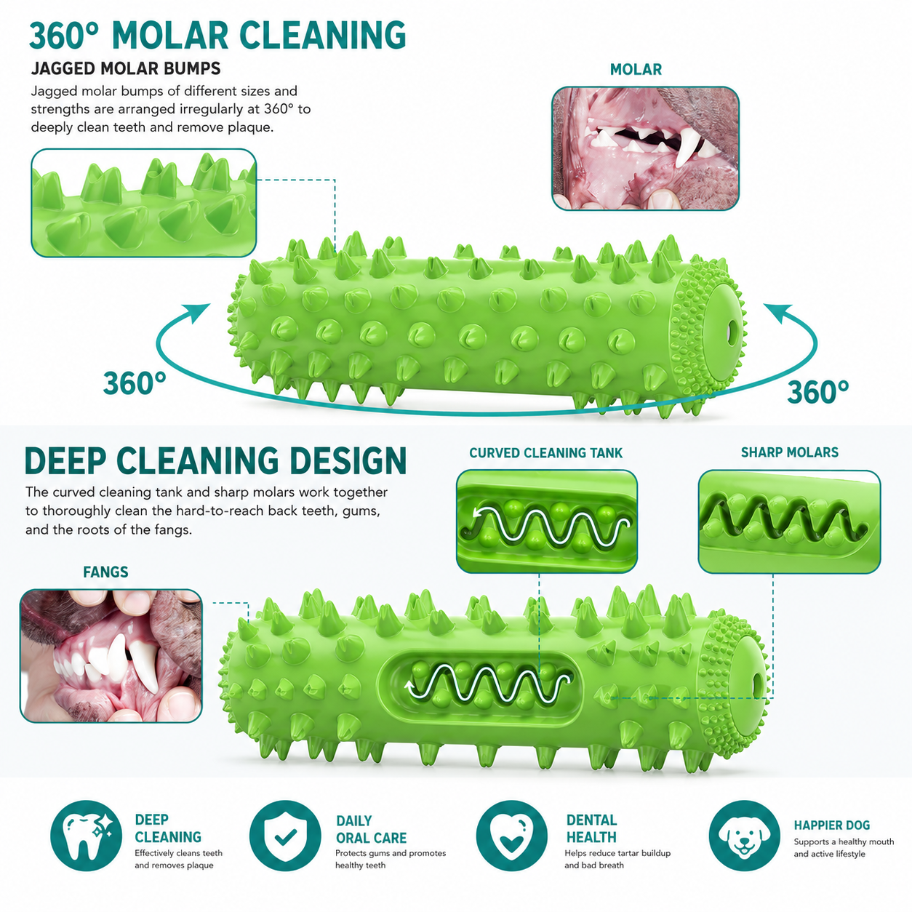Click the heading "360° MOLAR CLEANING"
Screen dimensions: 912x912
tap(217, 36)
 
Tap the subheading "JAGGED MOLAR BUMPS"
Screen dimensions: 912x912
tap(126, 68)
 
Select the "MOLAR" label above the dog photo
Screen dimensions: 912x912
tap(636, 70)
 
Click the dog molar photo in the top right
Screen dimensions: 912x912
tap(645, 148)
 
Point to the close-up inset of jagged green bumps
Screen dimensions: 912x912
tap(144, 203)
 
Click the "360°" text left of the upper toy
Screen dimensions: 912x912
tap(135, 383)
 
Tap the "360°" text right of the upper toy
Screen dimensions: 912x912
tap(818, 392)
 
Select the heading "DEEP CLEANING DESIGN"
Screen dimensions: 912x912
tap(215, 460)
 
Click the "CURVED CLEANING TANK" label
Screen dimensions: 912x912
tap(545, 453)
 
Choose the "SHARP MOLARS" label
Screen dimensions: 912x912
tap(789, 452)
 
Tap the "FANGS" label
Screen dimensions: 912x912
tap(105, 572)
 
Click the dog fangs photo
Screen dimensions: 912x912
tap(111, 655)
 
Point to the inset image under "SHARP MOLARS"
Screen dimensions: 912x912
tap(789, 521)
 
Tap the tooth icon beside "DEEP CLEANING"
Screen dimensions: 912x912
tap(86, 836)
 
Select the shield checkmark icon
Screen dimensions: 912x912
tap(285, 836)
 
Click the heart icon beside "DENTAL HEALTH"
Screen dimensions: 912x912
tap(512, 836)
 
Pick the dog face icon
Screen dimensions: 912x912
tap(745, 836)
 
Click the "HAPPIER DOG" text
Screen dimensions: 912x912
tap(832, 825)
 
